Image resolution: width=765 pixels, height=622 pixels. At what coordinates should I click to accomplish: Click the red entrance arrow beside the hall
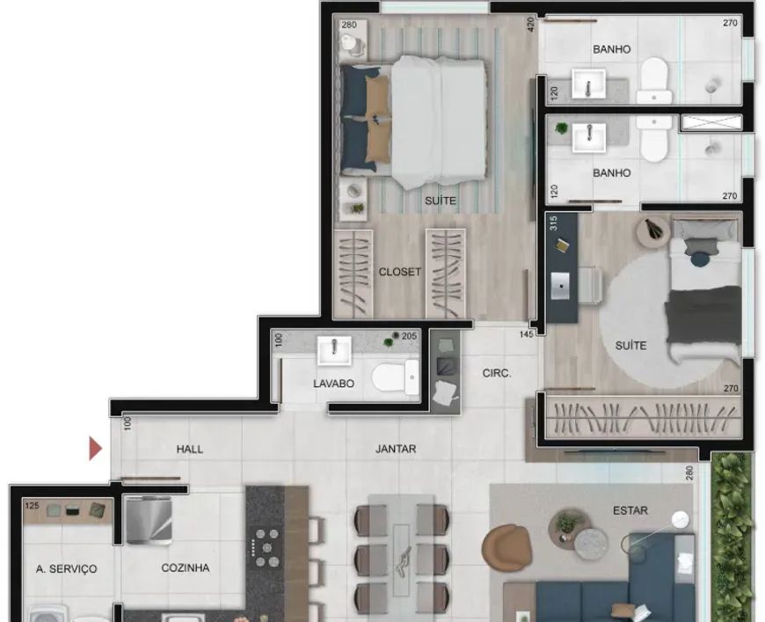95,449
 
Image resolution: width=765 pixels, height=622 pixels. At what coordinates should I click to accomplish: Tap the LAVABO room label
334,384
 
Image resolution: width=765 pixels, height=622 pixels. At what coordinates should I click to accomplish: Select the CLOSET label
399,272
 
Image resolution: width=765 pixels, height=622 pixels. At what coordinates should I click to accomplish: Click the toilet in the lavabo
395,377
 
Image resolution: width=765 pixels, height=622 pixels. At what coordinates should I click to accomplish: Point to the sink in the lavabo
334,350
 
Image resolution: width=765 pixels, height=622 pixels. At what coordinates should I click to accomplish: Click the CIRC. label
497,374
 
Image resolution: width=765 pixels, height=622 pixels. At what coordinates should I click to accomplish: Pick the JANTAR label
396,449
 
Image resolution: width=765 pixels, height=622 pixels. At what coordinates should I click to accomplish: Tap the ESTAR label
630,510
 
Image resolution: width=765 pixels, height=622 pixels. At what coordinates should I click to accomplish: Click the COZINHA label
186,567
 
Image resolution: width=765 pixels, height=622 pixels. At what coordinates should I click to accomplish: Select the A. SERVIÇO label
66,569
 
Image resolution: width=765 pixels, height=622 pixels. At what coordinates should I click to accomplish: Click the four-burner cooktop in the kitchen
264,547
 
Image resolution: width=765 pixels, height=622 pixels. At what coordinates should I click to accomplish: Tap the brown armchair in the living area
506,546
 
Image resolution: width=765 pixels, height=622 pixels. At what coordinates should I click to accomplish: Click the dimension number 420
531,24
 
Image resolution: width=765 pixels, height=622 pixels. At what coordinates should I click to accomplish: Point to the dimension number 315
553,223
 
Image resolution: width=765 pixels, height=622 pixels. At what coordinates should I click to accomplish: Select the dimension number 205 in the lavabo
409,336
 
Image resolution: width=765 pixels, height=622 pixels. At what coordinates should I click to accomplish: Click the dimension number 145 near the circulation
527,334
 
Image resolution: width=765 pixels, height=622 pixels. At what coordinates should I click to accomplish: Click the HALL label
190,450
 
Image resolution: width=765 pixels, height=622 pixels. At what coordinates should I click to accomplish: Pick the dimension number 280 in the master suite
349,25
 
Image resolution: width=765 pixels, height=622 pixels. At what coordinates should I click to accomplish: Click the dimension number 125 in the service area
32,506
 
